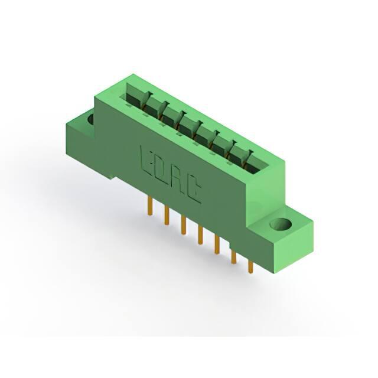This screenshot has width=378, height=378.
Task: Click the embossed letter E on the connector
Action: coord(145,159)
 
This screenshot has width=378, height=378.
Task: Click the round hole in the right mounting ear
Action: coord(281,224)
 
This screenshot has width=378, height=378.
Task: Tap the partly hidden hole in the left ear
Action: coord(90,119)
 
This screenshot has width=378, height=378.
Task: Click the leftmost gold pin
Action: coord(150,206)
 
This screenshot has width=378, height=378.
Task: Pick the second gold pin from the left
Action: coord(167,216)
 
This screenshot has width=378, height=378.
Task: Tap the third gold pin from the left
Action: coord(184,226)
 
